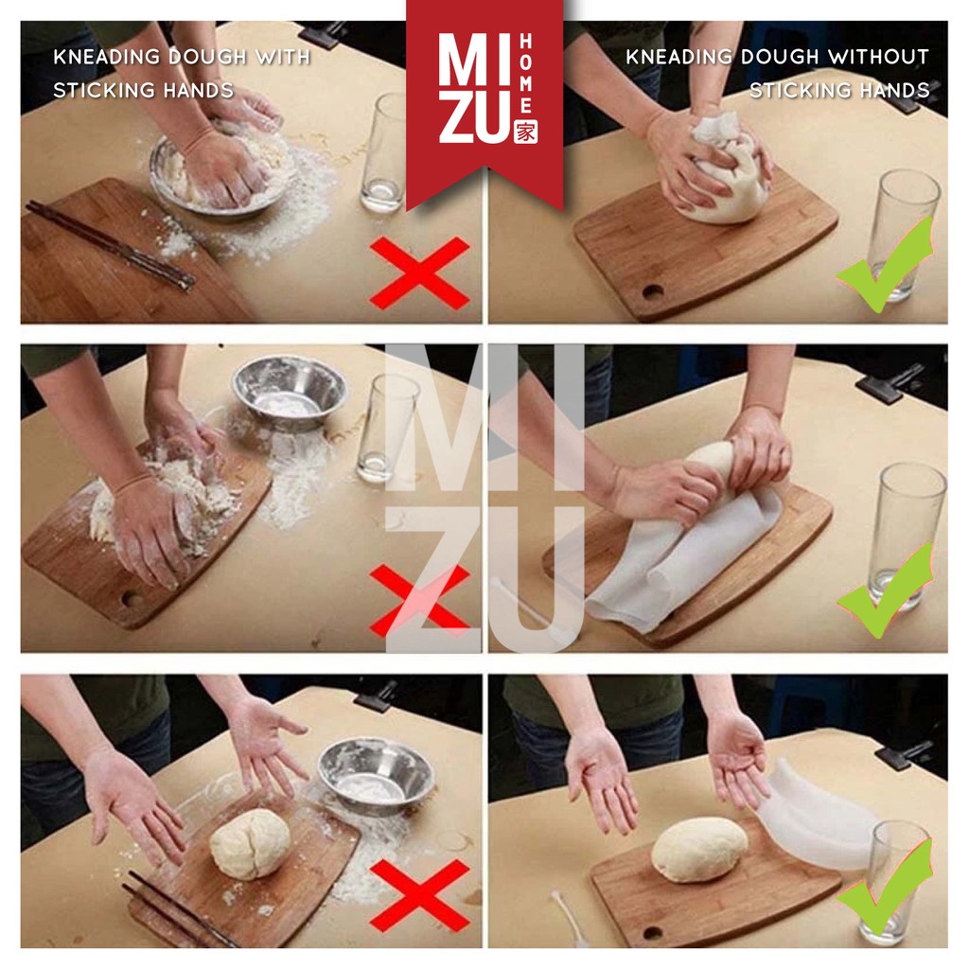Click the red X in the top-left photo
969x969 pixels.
pos(419,273)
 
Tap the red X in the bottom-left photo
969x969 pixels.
pos(419,894)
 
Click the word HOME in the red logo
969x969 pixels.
pos(526,74)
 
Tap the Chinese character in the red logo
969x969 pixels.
pos(526,132)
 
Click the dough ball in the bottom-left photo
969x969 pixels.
pos(250,843)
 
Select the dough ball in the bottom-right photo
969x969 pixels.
pos(699,849)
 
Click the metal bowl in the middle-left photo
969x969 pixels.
pos(290,391)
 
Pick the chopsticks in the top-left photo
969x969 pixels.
pos(110,246)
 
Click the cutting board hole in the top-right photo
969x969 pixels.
pos(653,291)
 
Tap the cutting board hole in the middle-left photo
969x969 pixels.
pos(131,599)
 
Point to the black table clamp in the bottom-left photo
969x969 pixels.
pos(375,696)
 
